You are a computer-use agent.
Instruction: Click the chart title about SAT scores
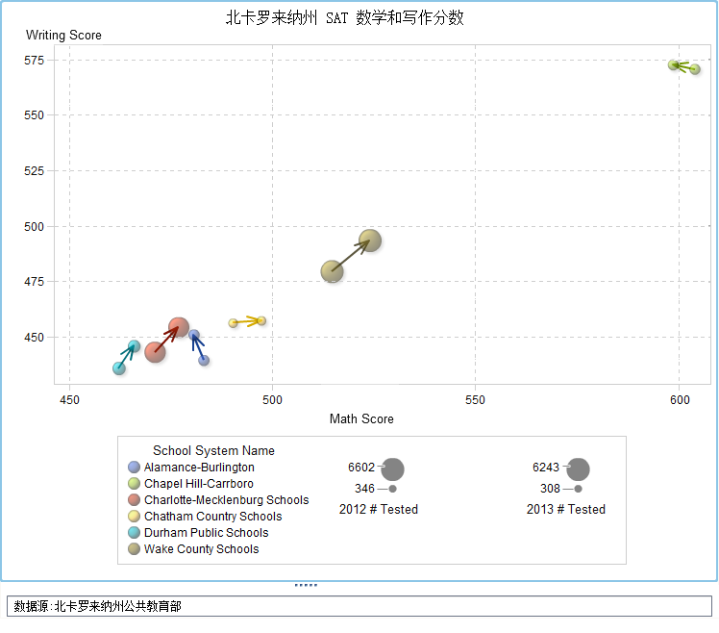(x=345, y=18)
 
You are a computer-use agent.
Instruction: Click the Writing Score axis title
(x=63, y=36)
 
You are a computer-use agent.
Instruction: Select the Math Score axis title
(x=361, y=418)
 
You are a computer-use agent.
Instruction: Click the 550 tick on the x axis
(x=475, y=398)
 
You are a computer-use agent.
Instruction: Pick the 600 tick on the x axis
(x=679, y=398)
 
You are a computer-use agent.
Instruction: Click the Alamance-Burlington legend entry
(x=199, y=468)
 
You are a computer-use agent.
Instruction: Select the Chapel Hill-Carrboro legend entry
(x=198, y=484)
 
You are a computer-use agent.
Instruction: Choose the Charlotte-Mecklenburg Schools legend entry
(x=226, y=500)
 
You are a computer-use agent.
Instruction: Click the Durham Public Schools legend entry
(x=206, y=533)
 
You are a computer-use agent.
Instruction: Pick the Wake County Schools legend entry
(x=201, y=549)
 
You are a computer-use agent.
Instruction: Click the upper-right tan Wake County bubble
(x=370, y=241)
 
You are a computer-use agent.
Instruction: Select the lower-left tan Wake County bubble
(x=332, y=271)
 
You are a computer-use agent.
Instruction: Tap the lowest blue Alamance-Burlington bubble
(x=204, y=361)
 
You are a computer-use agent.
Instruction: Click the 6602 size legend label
(x=361, y=468)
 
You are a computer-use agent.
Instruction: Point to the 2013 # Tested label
(x=566, y=509)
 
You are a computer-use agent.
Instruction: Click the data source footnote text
(x=98, y=606)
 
